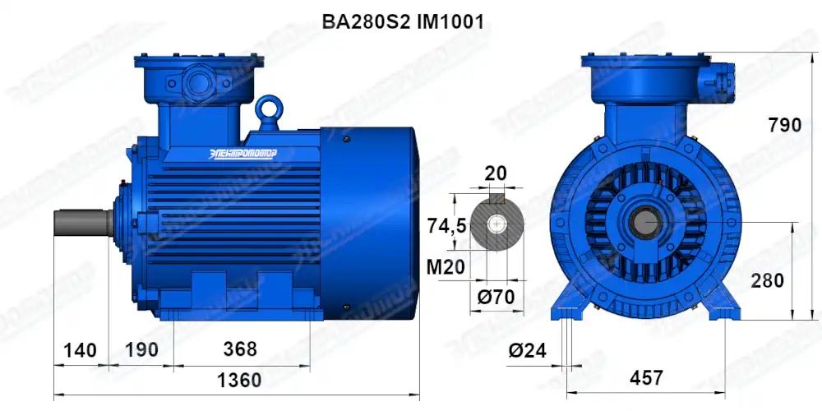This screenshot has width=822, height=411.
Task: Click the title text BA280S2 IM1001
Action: click(x=403, y=22)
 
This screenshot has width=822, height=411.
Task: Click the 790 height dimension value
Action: click(x=784, y=125)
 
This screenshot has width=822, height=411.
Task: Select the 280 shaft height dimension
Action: click(x=767, y=280)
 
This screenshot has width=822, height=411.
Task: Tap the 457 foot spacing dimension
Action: click(x=647, y=378)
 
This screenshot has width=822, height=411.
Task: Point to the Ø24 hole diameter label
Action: click(x=527, y=351)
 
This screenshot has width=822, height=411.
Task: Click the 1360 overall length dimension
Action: click(x=238, y=381)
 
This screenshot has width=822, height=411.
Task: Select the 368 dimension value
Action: click(x=240, y=349)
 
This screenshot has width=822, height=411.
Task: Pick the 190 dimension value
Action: click(x=141, y=349)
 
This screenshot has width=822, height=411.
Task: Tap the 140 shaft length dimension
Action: click(x=80, y=349)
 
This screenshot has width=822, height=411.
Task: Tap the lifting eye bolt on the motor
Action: click(x=268, y=109)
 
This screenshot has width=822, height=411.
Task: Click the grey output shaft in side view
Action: click(x=82, y=223)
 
